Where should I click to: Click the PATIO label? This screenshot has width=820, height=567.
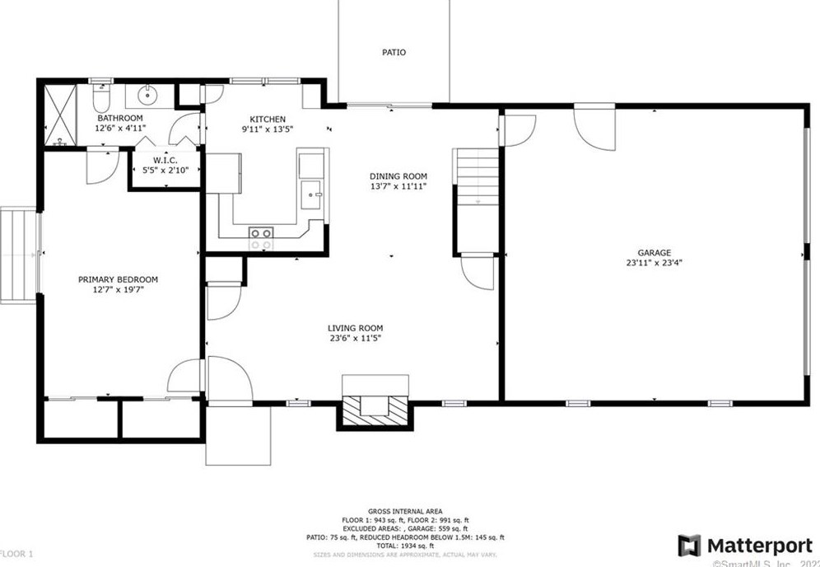coord(394,53)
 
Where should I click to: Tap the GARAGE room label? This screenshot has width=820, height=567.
coord(654,253)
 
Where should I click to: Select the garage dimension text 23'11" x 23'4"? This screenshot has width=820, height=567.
coord(654,264)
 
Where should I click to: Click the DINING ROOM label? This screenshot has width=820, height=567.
coord(398,176)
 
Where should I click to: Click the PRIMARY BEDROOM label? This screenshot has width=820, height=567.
coord(118,279)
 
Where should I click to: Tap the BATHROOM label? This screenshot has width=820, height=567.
coord(119,118)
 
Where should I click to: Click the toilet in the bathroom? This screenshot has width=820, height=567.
coord(100,100)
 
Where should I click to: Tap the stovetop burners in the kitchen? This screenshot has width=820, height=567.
coord(261,238)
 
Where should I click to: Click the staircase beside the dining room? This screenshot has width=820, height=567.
coord(478,177)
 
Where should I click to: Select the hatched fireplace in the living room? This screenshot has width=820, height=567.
coord(375,406)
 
